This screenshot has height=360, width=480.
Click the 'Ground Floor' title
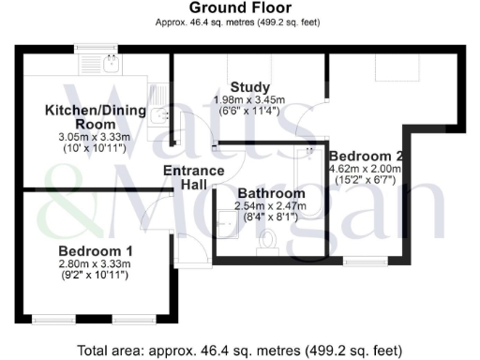pyautogui.click(x=239, y=8)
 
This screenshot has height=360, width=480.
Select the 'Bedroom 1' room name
pyautogui.click(x=95, y=251)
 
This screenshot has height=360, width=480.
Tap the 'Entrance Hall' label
pyautogui.click(x=193, y=178)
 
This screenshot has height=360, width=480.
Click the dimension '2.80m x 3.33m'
pyautogui.click(x=95, y=265)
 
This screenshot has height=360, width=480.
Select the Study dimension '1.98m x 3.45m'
pyautogui.click(x=250, y=100)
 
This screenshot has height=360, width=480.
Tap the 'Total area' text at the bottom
pyautogui.click(x=239, y=351)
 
